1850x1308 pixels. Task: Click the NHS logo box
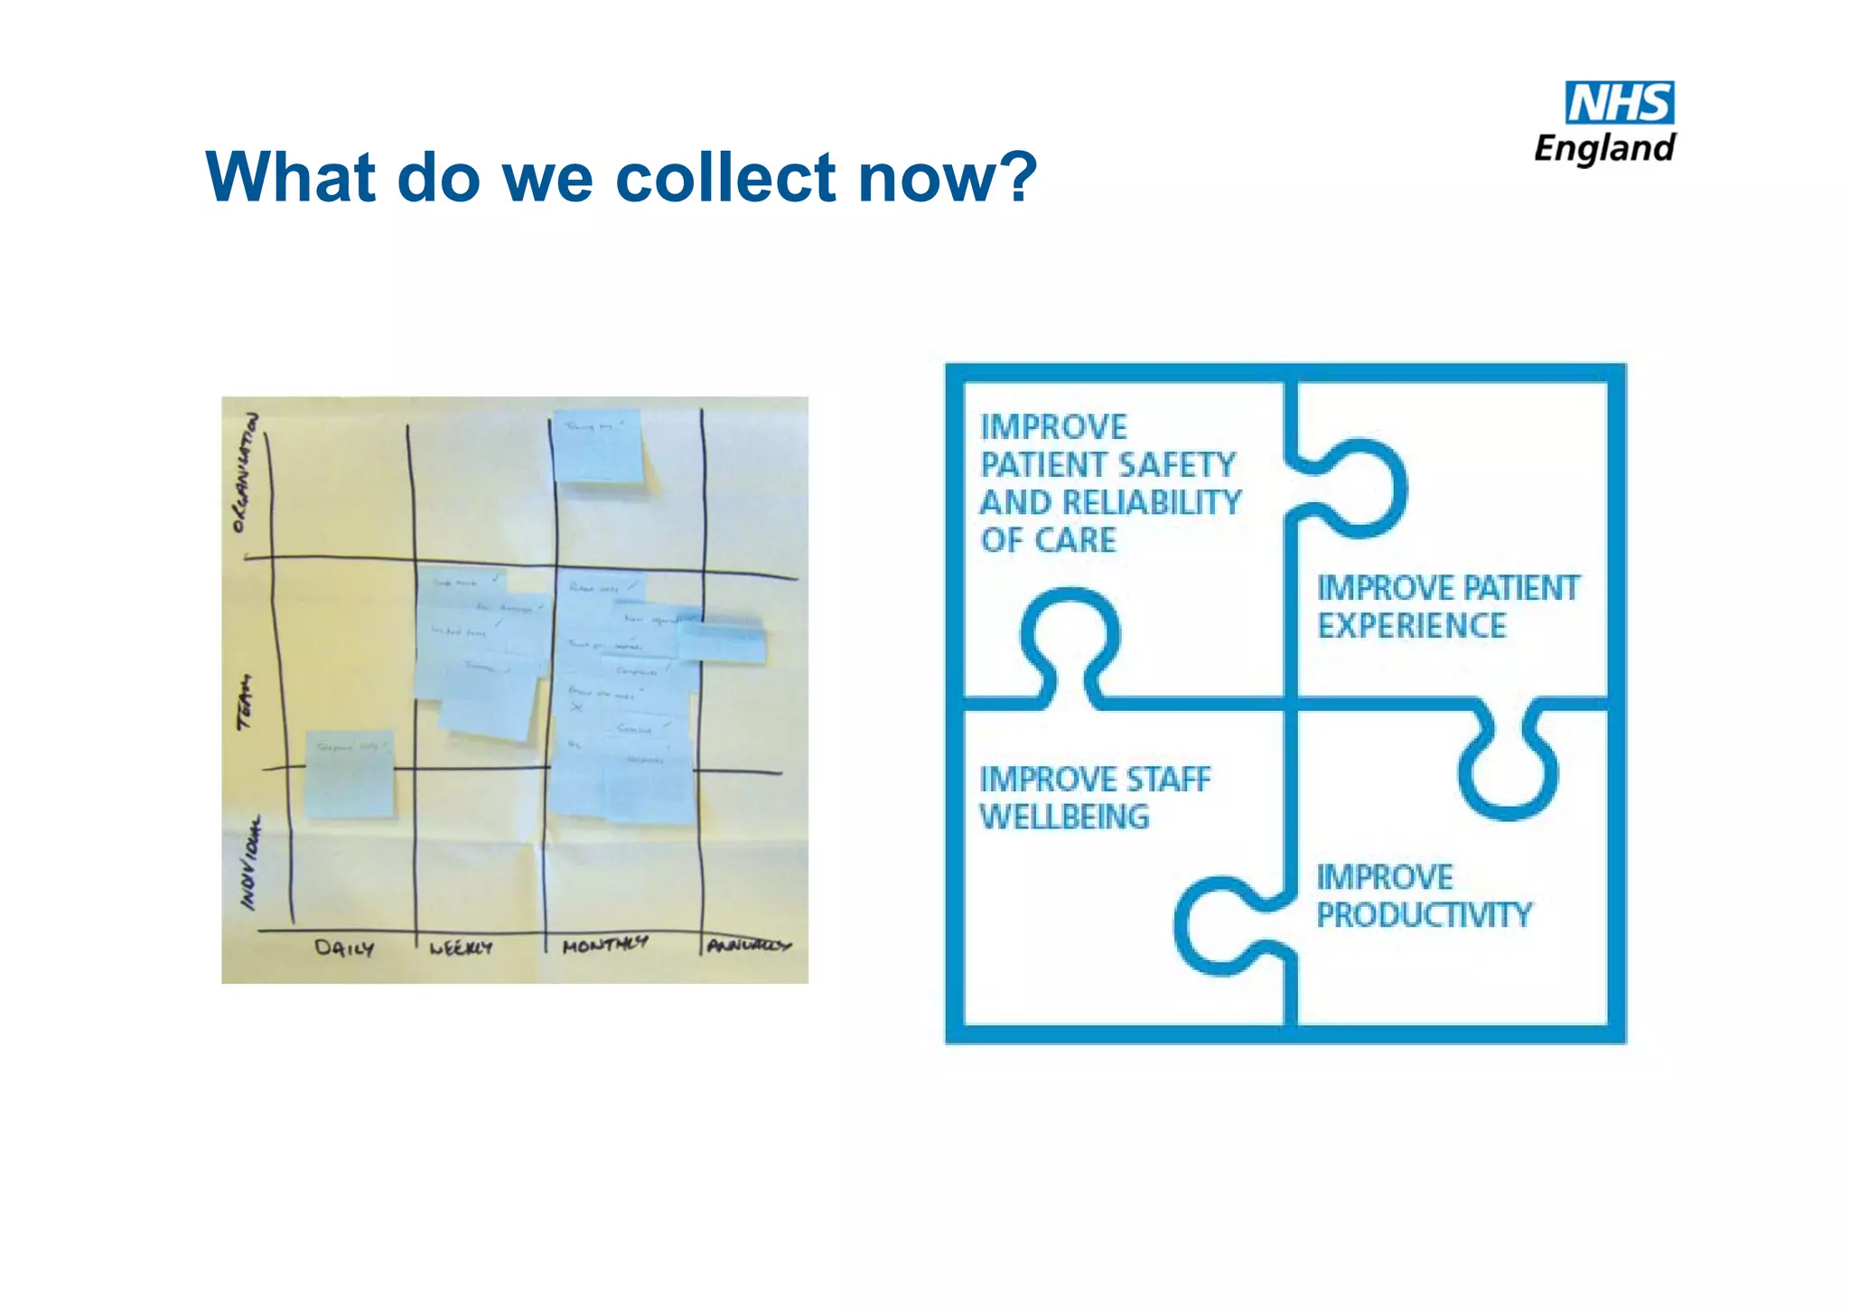click(1620, 103)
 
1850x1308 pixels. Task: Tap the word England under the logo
click(1605, 148)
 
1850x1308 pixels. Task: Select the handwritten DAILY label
click(343, 948)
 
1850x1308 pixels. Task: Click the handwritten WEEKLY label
click(461, 948)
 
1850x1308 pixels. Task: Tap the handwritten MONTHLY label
click(604, 945)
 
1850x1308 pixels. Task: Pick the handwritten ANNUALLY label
click(749, 945)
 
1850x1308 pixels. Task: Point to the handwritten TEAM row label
click(245, 703)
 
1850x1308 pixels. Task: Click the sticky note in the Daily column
click(350, 774)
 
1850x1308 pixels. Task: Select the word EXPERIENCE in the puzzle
click(1412, 625)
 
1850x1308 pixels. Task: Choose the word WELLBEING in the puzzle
click(1065, 817)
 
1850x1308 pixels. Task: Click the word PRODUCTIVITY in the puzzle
click(1425, 915)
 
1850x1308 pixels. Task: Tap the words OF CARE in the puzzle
click(1049, 540)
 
